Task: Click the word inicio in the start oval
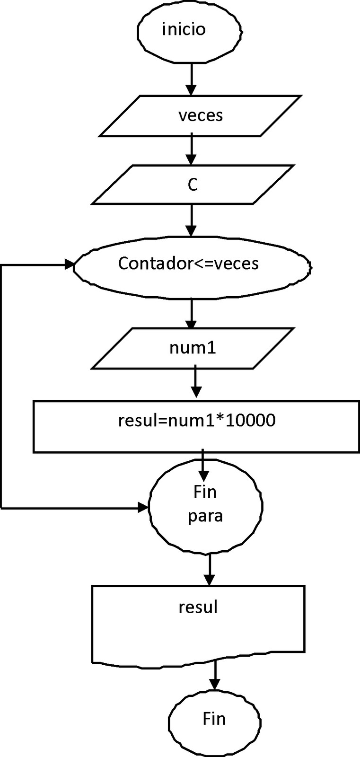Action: [184, 29]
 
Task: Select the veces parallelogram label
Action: [201, 115]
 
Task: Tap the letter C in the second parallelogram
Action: [192, 185]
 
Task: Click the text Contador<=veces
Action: [188, 263]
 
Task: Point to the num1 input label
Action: [193, 348]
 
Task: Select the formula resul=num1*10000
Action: [197, 420]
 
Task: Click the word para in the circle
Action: [205, 515]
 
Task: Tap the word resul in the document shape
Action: [198, 607]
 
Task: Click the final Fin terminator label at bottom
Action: [214, 719]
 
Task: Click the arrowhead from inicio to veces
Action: [191, 90]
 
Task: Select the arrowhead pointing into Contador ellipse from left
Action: [69, 265]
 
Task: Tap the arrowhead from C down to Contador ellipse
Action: [191, 230]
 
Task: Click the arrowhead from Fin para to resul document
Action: [209, 580]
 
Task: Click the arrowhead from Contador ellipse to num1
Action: [191, 325]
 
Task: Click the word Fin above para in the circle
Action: [205, 492]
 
